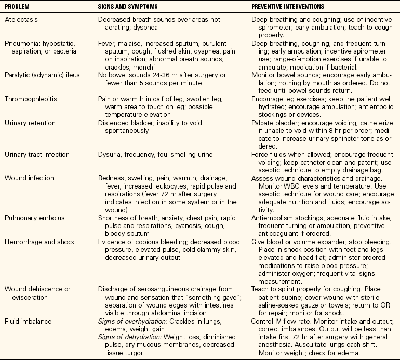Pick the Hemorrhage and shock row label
[x=38, y=242]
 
